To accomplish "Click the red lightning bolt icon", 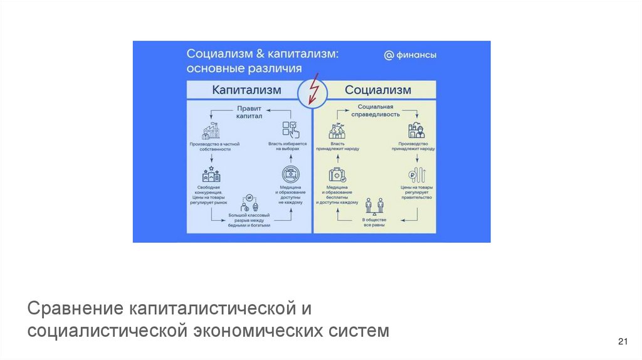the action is click(x=312, y=92).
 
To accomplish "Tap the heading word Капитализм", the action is click(x=246, y=90).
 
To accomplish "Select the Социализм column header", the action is click(x=378, y=90).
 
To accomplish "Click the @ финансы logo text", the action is click(x=411, y=55).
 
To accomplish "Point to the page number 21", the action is click(x=623, y=341).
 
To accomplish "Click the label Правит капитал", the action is click(x=249, y=112).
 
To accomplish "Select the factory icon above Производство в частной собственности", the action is click(x=210, y=132).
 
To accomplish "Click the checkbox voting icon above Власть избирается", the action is click(x=290, y=130).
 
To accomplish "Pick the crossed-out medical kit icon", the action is click(x=289, y=174).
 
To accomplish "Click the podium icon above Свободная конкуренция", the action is click(x=210, y=174).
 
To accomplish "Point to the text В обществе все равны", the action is click(x=374, y=223).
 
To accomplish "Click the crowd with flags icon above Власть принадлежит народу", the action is click(x=337, y=130).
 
